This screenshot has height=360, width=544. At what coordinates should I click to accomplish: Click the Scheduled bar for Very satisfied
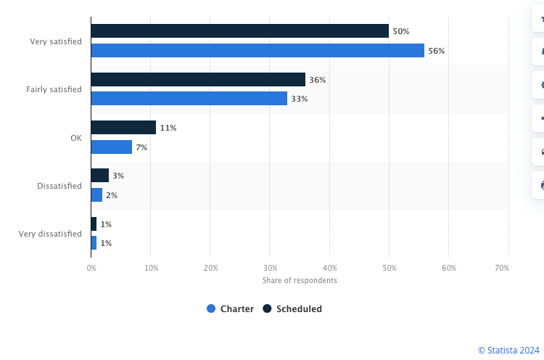[239, 31]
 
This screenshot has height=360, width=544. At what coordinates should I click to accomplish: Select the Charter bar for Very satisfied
[257, 51]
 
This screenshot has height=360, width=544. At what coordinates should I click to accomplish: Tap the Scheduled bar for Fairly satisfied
[198, 79]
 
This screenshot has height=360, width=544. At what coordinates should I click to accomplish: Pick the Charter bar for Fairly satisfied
[189, 99]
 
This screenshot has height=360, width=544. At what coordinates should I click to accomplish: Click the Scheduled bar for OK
[123, 128]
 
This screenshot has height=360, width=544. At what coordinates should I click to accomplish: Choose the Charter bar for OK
[112, 147]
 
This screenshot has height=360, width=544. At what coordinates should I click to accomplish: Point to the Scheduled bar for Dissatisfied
[100, 176]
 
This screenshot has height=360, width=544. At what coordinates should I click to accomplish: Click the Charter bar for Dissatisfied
[97, 195]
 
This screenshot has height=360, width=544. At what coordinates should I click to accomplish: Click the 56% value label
[436, 51]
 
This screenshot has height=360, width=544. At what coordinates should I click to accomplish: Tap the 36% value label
[317, 80]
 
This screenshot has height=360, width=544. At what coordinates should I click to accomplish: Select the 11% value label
[168, 128]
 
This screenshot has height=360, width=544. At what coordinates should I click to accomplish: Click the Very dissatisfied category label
[50, 234]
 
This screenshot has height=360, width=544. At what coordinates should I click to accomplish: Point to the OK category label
[75, 137]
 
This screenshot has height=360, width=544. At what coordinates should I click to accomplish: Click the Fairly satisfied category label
[54, 89]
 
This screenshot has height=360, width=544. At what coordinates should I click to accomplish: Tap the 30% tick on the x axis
[270, 269]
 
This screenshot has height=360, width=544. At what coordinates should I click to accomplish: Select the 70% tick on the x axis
[501, 269]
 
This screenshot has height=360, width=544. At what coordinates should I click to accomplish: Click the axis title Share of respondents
[300, 280]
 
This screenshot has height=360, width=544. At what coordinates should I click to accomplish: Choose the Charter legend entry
[230, 308]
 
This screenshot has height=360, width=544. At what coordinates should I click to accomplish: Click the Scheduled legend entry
[292, 308]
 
